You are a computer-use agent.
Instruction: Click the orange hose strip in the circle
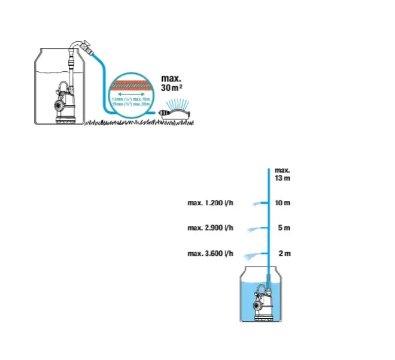point(130,81)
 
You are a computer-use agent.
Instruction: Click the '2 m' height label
point(284,253)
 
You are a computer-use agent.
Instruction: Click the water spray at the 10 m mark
point(257,204)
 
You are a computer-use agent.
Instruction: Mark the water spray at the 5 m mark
point(256,229)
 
